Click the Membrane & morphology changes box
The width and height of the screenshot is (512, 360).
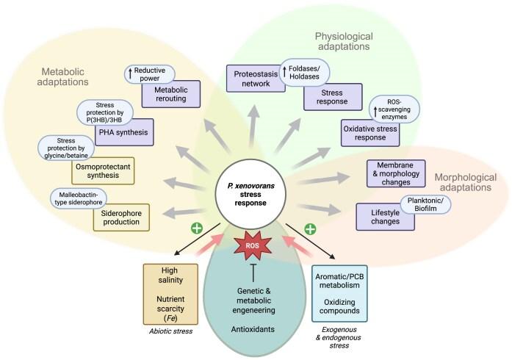pos(397,173)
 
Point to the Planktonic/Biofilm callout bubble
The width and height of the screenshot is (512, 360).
pos(425,204)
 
